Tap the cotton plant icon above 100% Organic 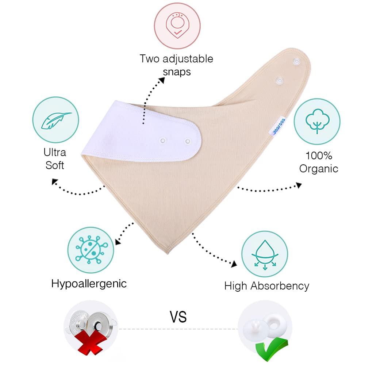tap(317, 121)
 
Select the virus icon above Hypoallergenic tap(91, 250)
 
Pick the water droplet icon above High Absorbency tap(265, 255)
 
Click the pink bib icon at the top tap(177, 26)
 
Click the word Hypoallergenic tap(89, 284)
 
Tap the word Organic tap(318, 169)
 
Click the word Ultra tap(55, 153)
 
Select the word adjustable tap(188, 59)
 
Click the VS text tap(178, 317)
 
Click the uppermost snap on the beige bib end tap(296, 61)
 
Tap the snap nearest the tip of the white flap tap(188, 141)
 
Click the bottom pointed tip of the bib tap(168, 254)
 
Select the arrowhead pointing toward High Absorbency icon tap(234, 264)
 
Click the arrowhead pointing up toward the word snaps tap(162, 80)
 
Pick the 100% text tap(319, 155)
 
